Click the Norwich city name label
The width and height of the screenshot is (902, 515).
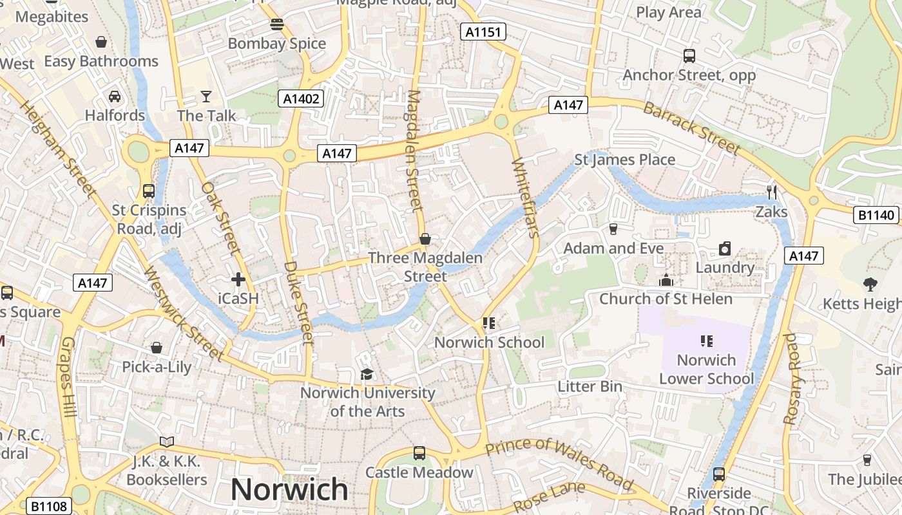289,490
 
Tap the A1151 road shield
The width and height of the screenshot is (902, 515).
483,32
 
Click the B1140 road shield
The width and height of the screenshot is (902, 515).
877,215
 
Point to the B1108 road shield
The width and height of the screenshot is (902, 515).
48,506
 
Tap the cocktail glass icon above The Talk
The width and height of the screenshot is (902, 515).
206,97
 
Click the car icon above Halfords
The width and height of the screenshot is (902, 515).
115,97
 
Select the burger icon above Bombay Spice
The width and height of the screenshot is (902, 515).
277,24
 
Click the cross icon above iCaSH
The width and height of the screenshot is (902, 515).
238,279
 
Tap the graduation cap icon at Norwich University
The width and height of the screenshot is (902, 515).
367,374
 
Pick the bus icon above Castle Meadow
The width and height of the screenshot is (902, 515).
419,453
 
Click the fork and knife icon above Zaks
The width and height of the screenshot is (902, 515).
772,192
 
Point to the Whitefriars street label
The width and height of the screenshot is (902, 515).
524,198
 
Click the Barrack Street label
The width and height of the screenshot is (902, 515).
691,128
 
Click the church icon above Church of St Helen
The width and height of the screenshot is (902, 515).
666,280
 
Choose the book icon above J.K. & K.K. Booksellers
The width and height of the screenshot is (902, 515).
167,442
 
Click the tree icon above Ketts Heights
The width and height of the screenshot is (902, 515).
870,284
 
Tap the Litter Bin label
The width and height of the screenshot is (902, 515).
590,386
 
